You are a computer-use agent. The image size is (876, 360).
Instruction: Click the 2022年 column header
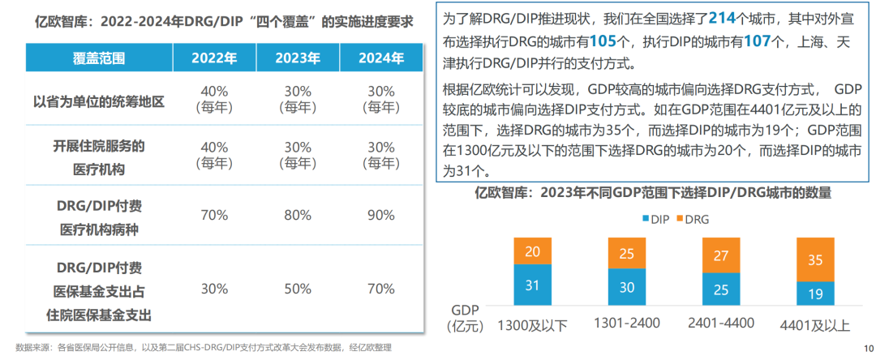pyautogui.click(x=215, y=58)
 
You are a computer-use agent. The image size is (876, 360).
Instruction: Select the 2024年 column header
pyautogui.click(x=381, y=58)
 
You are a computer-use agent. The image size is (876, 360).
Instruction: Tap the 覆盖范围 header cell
pyautogui.click(x=99, y=58)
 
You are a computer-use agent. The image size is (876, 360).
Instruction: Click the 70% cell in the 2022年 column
pyautogui.click(x=215, y=215)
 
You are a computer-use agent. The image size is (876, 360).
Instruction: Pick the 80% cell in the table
pyautogui.click(x=298, y=215)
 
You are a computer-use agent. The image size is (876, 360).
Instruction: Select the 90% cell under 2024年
pyautogui.click(x=381, y=215)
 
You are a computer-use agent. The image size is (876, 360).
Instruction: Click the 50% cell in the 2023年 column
pyautogui.click(x=298, y=288)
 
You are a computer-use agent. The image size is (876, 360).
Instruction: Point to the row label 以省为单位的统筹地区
pyautogui.click(x=99, y=101)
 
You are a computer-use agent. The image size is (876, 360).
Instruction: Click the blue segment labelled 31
pyautogui.click(x=532, y=285)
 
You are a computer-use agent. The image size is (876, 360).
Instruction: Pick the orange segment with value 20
pyautogui.click(x=532, y=251)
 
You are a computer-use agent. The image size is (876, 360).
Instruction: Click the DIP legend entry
pyautogui.click(x=655, y=218)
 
